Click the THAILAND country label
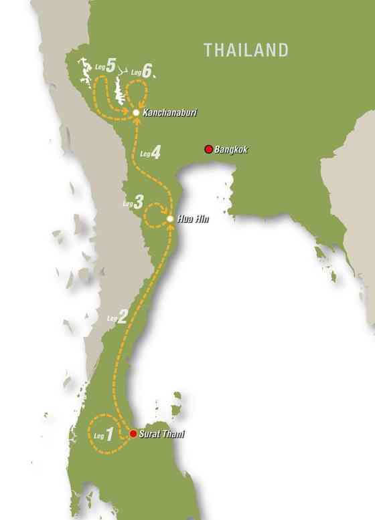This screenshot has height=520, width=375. coord(246,50)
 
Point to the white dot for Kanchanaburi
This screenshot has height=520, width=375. coord(136,113)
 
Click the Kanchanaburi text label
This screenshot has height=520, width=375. coord(166,113)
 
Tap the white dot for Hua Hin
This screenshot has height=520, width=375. coord(170,219)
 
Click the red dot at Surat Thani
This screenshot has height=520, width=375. coord(133,434)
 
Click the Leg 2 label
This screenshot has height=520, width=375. coord(117,317)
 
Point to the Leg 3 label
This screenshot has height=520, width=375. coord(133,201)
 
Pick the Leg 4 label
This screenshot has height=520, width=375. coord(149,153)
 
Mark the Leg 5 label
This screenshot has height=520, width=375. coord(104,66)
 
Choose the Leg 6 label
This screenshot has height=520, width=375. coord(142,70)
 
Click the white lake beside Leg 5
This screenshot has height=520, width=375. coord(85,69)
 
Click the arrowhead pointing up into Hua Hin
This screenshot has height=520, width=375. coord(170,227)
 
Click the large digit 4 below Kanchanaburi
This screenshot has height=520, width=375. coord(155,153)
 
